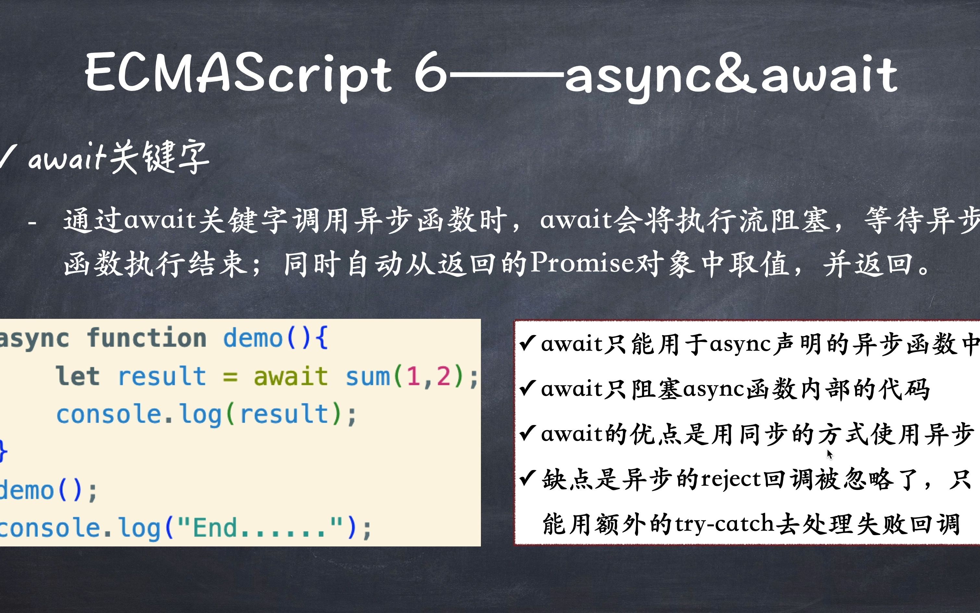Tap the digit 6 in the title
coord(430,72)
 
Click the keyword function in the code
coord(147,338)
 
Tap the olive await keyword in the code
coord(290,376)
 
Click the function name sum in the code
coord(367,377)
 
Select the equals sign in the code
coord(230,377)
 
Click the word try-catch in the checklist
coord(725,524)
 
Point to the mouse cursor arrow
coord(829,454)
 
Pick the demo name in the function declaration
coord(253,338)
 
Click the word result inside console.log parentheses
coord(284,414)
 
